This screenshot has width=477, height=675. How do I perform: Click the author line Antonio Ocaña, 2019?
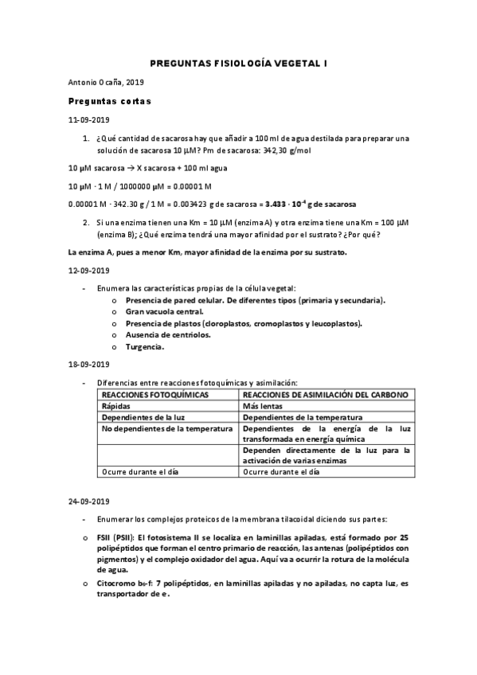[x=101, y=83]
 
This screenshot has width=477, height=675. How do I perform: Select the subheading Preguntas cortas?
[x=110, y=101]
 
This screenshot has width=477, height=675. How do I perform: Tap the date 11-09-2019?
[x=88, y=119]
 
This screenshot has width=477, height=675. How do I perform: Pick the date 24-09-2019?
[x=88, y=502]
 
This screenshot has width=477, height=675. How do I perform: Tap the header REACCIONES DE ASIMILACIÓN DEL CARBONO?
[x=326, y=395]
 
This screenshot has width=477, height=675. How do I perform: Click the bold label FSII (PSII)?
[x=111, y=538]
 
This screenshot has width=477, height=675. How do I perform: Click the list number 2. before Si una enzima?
[x=86, y=223]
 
